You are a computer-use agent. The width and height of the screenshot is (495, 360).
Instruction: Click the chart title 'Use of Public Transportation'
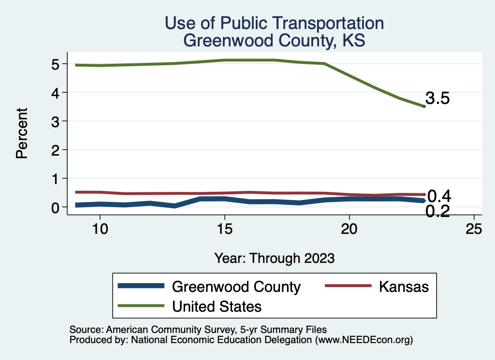pyautogui.click(x=274, y=23)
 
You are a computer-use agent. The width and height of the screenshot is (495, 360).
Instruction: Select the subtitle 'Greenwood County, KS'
pyautogui.click(x=274, y=41)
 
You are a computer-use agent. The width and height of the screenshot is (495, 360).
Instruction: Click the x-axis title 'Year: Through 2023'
pyautogui.click(x=274, y=258)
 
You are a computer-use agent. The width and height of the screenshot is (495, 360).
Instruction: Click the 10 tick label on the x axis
pyautogui.click(x=100, y=229)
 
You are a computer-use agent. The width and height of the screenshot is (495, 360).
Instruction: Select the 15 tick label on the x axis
pyautogui.click(x=224, y=229)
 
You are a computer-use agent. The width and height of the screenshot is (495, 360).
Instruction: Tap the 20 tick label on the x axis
pyautogui.click(x=349, y=229)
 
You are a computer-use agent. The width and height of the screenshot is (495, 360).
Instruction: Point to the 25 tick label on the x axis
pyautogui.click(x=474, y=229)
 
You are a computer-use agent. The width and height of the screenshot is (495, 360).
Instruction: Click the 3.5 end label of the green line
pyautogui.click(x=438, y=99)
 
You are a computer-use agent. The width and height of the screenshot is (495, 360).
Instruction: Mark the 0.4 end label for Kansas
pyautogui.click(x=439, y=196)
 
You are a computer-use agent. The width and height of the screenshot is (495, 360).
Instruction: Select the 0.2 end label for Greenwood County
pyautogui.click(x=438, y=211)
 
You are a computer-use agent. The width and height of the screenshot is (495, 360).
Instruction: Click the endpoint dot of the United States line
pyautogui.click(x=424, y=106)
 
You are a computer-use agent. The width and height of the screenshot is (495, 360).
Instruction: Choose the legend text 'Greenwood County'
pyautogui.click(x=236, y=287)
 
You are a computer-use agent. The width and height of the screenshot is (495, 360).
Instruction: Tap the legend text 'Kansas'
pyautogui.click(x=404, y=287)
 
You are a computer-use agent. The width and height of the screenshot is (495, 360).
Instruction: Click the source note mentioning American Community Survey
pyautogui.click(x=198, y=330)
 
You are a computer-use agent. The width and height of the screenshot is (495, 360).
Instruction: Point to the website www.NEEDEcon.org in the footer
pyautogui.click(x=364, y=340)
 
